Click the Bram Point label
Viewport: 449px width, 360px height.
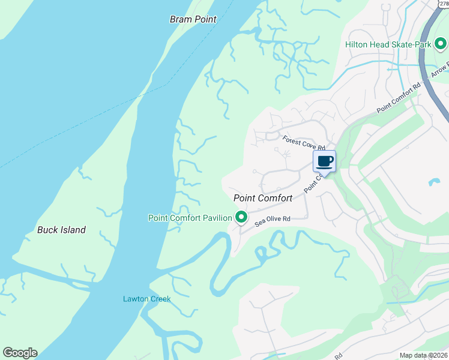(193, 19)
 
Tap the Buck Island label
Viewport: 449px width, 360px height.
(61, 230)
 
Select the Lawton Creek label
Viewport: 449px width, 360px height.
(146, 299)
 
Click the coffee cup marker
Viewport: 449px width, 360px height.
(325, 161)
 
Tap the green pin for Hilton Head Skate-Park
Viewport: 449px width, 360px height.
(440, 44)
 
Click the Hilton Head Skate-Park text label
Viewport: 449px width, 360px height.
(388, 44)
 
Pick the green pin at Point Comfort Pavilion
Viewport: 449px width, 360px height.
(241, 217)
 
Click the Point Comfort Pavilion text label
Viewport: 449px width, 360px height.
(190, 218)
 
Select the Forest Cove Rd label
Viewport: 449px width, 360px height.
(304, 143)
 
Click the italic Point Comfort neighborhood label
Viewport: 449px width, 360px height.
(262, 198)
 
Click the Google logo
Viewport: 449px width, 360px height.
(20, 353)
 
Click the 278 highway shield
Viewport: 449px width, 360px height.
(443, 4)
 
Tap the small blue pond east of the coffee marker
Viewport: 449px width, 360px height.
(433, 182)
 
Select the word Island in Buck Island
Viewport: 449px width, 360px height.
(73, 230)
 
